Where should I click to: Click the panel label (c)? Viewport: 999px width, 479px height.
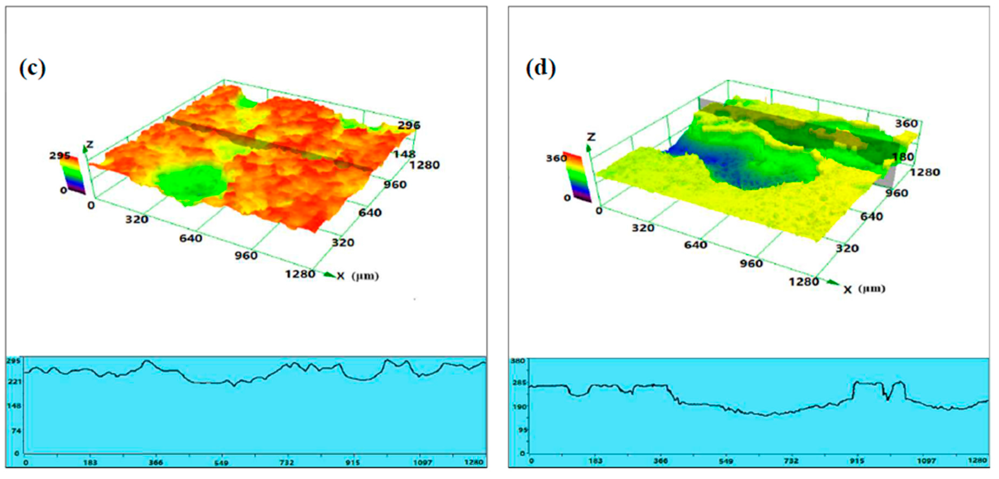tap(32, 69)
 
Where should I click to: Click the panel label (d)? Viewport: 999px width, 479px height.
tap(540, 69)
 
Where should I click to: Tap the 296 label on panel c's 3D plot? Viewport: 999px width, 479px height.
tap(409, 125)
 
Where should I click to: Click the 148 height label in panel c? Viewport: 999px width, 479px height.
tap(404, 154)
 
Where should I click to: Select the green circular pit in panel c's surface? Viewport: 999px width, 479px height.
tap(192, 182)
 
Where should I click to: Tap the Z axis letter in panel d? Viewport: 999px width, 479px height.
tap(591, 137)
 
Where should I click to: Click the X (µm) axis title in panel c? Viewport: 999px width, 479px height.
tap(357, 276)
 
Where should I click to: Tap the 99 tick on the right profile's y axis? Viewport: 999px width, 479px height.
tap(522, 430)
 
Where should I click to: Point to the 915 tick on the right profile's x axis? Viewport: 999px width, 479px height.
tap(857, 461)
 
